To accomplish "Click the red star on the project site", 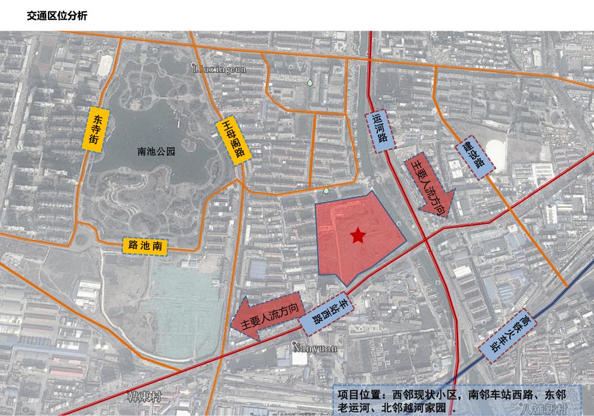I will click(358, 235).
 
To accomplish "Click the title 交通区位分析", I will click(57, 16).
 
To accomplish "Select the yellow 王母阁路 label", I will click(231, 139).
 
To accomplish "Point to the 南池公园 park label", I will click(156, 152).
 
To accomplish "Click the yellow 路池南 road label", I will click(145, 245).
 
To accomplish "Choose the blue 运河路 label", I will click(380, 131).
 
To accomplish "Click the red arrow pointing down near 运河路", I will click(430, 185).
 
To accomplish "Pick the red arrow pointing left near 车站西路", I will click(267, 318).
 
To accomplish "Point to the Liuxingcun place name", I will click(219, 70).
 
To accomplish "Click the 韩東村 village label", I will click(145, 397).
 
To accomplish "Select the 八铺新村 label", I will click(545, 409).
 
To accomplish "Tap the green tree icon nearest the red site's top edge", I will click(326, 191).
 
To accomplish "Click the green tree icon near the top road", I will click(310, 82).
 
